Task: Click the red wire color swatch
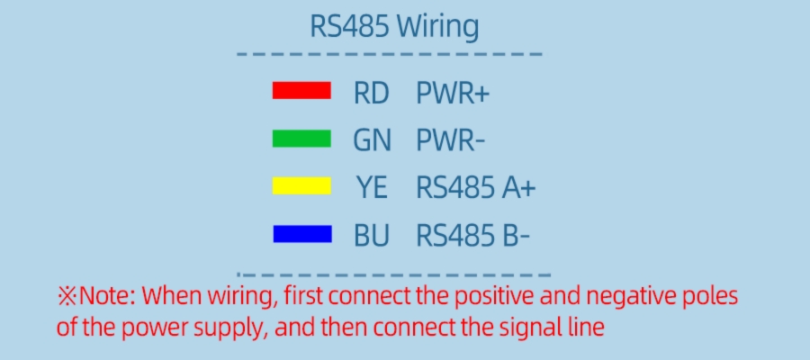coord(301,91)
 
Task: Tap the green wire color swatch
coord(301,139)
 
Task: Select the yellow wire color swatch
coord(301,186)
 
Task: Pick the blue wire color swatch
coord(301,235)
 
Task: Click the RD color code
coord(371,93)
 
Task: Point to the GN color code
coord(371,140)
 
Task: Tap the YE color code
coord(372,188)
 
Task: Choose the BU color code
coord(372,236)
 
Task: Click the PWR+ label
coord(453,93)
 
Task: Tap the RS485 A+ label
coord(475,188)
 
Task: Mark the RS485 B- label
coord(472,236)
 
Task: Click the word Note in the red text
coord(105,295)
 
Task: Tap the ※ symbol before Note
coord(68,295)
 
